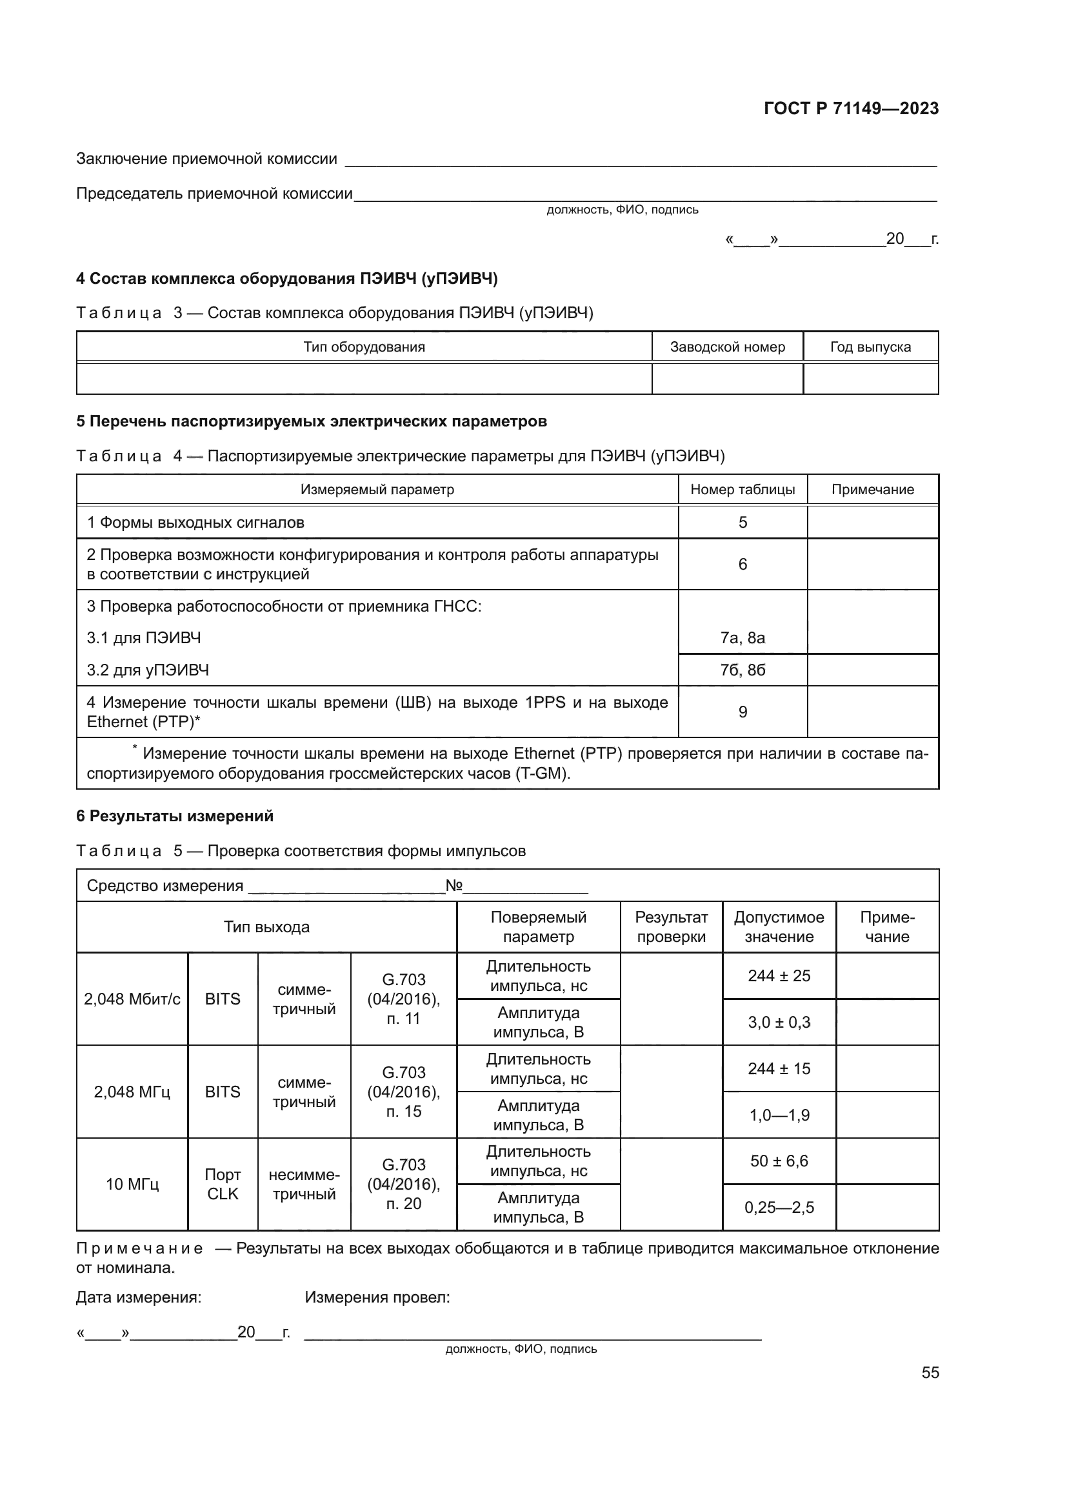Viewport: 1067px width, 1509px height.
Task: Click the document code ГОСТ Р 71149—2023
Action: pos(851,108)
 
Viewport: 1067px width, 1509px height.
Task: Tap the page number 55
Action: pos(930,1372)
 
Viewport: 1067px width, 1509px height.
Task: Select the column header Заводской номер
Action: pos(726,347)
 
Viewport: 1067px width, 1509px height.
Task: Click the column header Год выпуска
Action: pos(870,347)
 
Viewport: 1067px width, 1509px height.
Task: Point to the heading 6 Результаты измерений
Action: pos(175,816)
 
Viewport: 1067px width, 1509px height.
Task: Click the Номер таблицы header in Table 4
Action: pos(743,490)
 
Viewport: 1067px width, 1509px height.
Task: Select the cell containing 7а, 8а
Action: pos(743,637)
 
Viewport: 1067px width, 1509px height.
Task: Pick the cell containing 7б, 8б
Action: pos(743,670)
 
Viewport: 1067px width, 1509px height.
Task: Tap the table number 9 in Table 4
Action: pos(743,712)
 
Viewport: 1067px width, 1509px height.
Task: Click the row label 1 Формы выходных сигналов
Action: pos(196,523)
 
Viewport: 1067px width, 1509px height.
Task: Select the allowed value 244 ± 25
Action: pos(779,976)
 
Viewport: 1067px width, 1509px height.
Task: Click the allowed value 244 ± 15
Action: pos(779,1068)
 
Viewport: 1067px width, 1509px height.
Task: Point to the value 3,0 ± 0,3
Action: pos(779,1023)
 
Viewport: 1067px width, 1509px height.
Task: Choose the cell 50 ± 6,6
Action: pos(779,1161)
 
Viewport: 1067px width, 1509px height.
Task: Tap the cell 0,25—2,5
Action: pos(779,1207)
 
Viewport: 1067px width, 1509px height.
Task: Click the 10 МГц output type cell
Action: pos(132,1184)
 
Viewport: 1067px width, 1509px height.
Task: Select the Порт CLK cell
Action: pos(223,1184)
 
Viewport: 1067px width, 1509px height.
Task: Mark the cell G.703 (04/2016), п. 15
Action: pos(403,1092)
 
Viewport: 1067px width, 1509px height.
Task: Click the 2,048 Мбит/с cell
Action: pos(132,999)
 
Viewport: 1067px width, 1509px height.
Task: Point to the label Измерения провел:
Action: pos(377,1297)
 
